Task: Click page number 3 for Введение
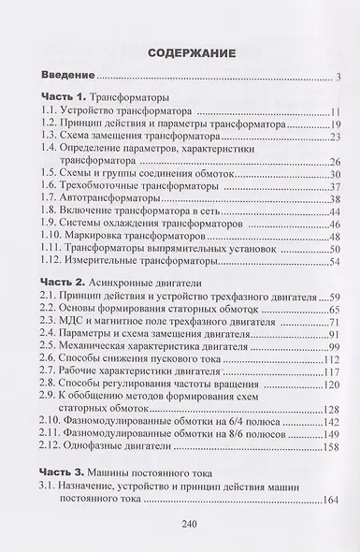point(338,76)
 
